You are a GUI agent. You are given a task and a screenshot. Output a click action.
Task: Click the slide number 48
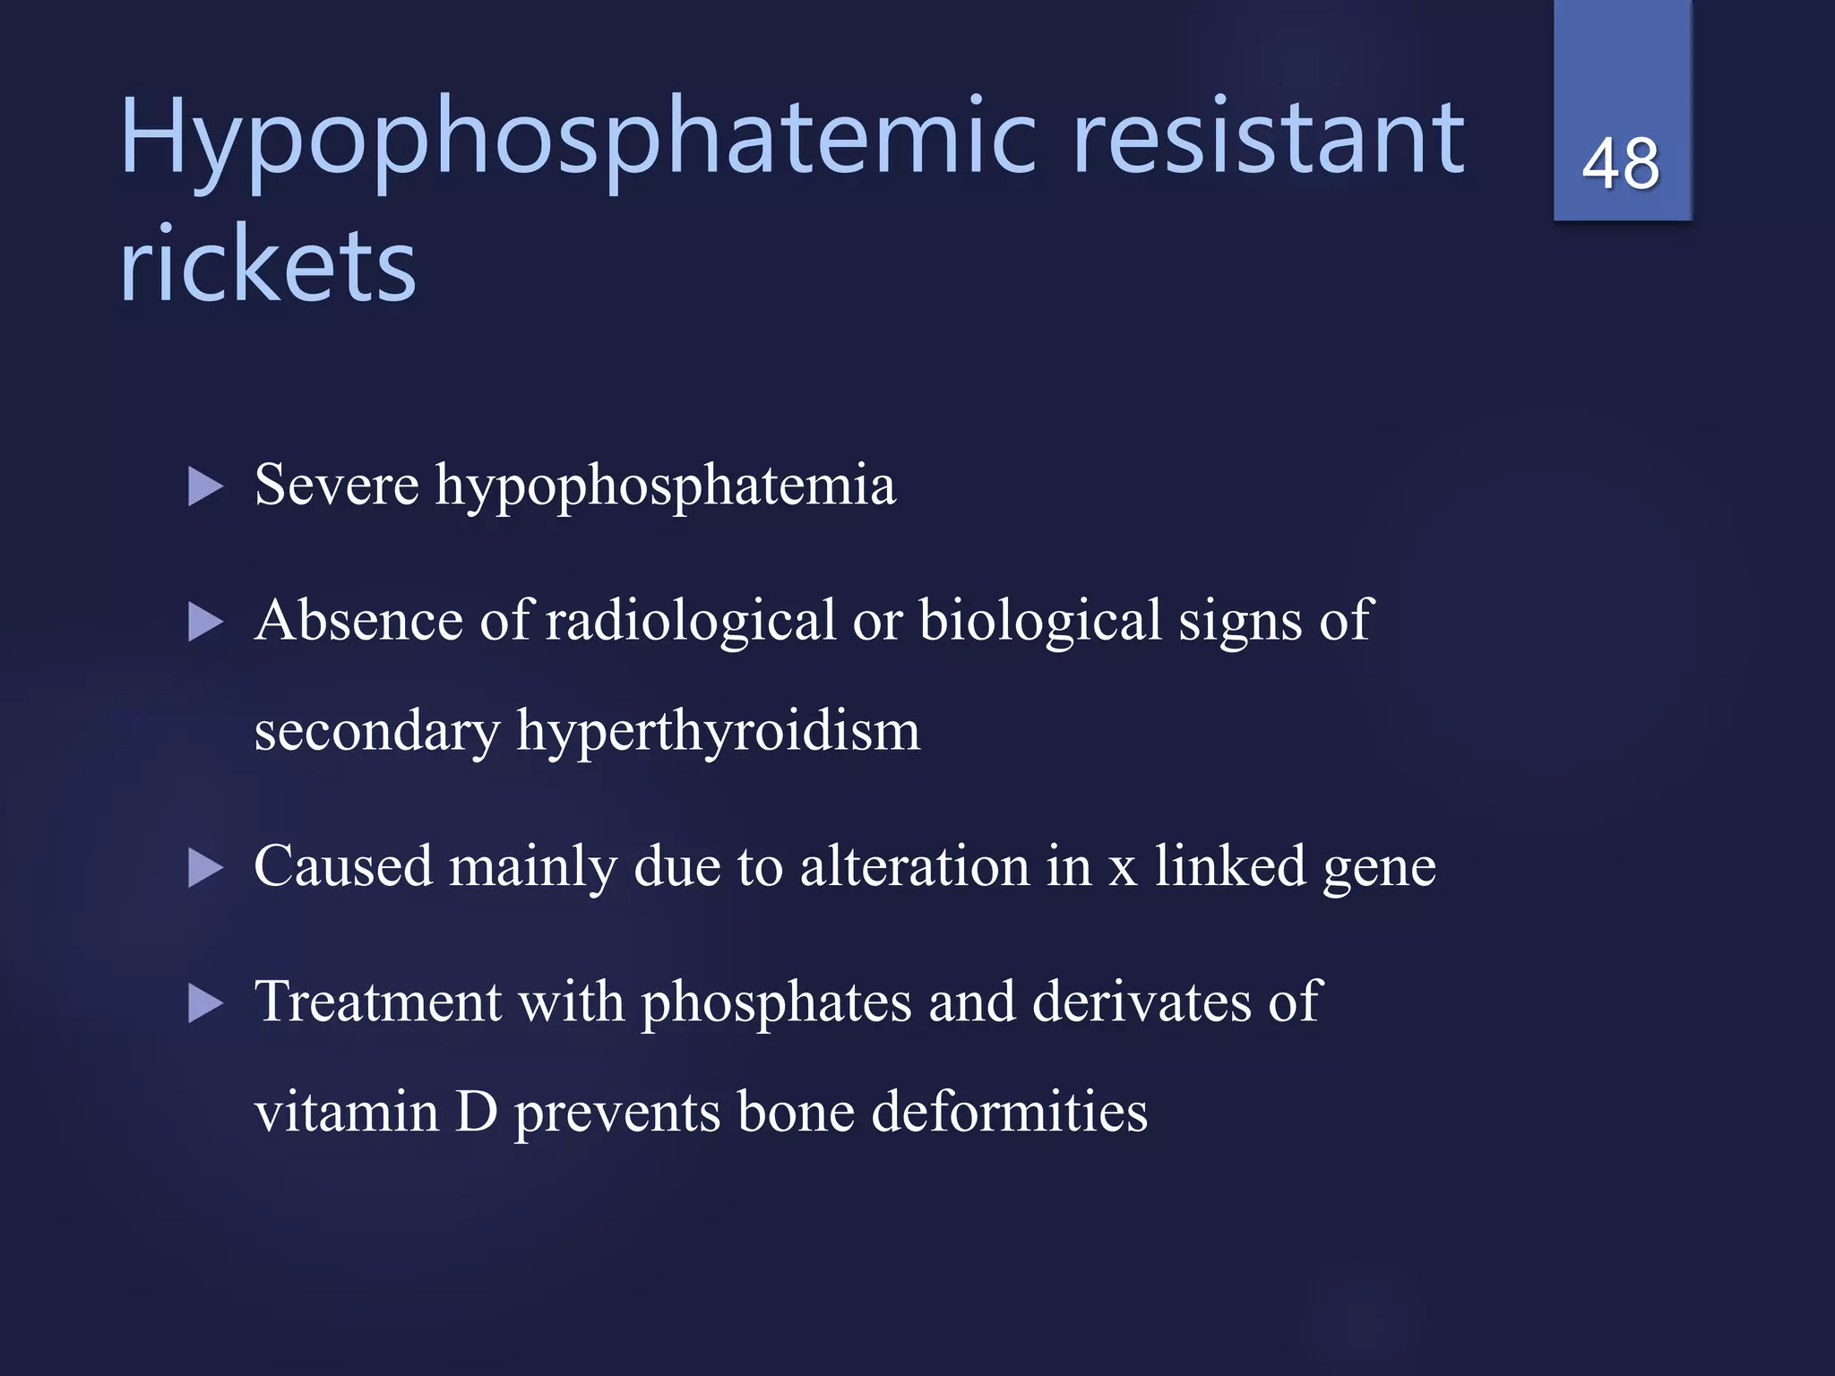tap(1621, 164)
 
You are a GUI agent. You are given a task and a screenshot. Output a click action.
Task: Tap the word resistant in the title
tap(1268, 138)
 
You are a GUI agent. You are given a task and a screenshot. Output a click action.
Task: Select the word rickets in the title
tap(268, 265)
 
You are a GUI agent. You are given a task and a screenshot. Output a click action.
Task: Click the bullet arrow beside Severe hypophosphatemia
tap(205, 487)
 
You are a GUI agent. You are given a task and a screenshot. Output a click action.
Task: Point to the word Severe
tap(336, 485)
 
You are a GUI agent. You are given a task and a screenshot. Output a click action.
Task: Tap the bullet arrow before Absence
tap(205, 622)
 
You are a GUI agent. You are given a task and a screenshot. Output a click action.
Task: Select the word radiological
tap(690, 621)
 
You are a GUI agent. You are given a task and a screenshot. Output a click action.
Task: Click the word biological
tap(1040, 621)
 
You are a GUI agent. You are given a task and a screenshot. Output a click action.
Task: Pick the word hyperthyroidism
tap(718, 733)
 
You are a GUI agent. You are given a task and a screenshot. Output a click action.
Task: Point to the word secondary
tap(376, 731)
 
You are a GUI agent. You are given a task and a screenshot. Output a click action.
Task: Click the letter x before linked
tap(1123, 869)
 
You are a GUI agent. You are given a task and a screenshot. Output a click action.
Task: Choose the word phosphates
tap(776, 1002)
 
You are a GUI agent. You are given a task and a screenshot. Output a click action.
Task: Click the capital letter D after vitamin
tap(476, 1112)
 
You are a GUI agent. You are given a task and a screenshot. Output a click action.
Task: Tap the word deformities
tap(1009, 1112)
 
